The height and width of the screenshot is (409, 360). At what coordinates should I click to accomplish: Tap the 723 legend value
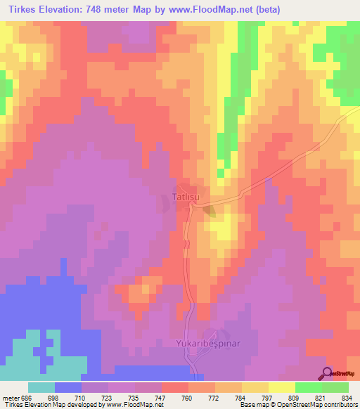[x=108, y=397]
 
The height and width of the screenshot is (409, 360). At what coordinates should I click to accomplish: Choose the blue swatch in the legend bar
[x=68, y=387]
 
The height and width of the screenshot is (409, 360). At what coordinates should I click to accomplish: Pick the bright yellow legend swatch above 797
[x=255, y=387]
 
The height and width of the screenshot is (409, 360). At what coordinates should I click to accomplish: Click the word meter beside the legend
[x=11, y=397]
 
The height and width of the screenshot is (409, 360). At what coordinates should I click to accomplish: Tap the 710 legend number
[x=82, y=397]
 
